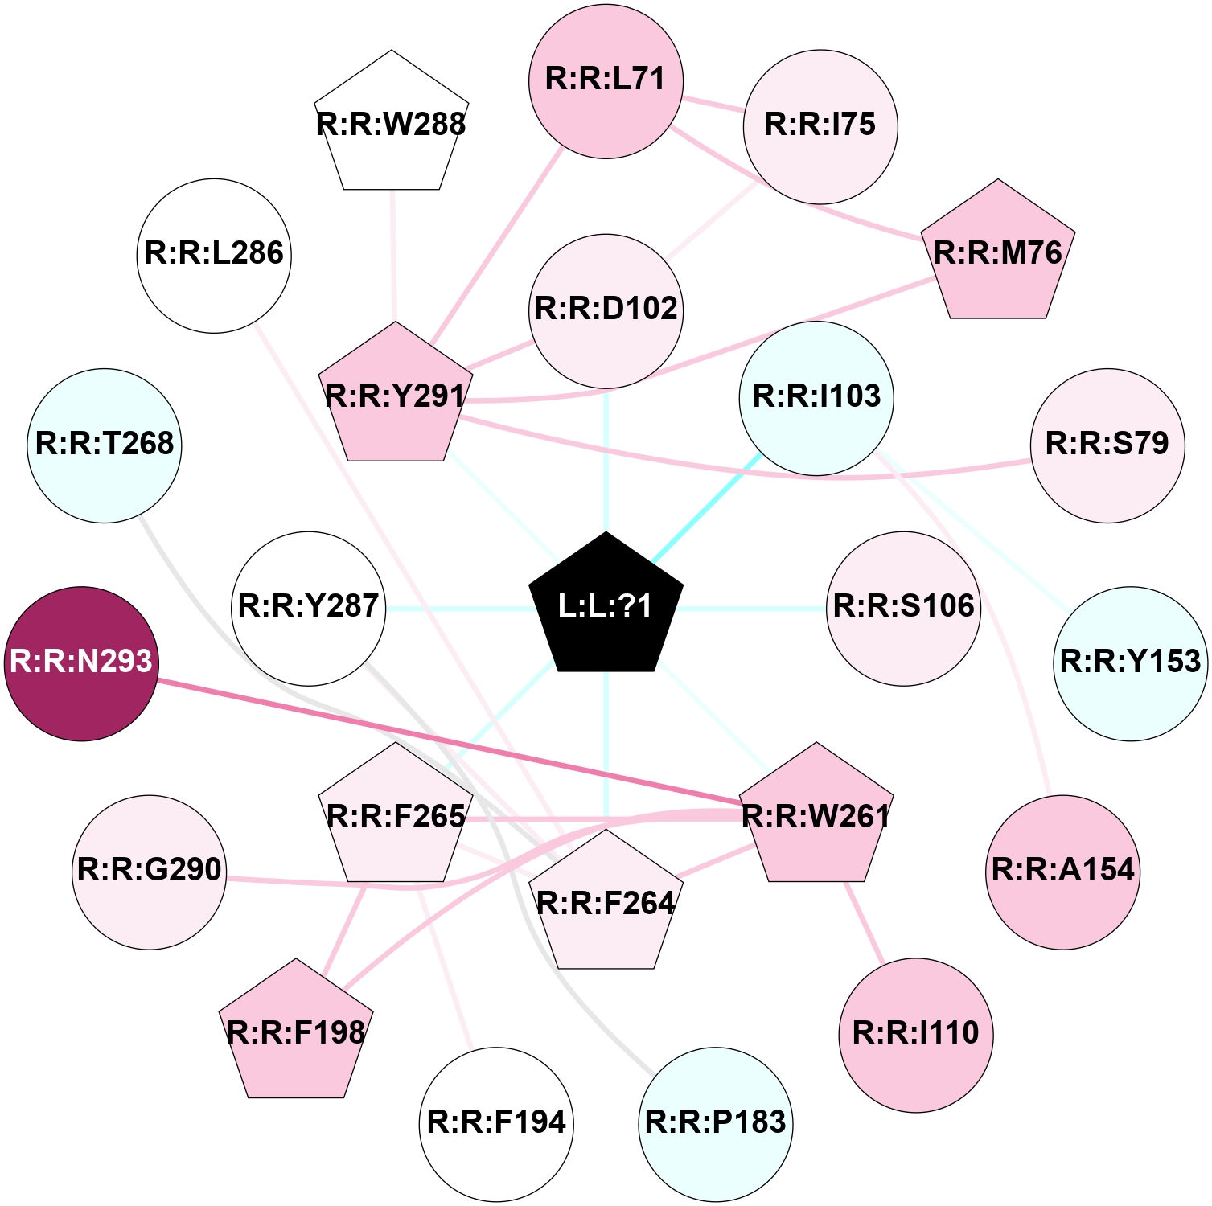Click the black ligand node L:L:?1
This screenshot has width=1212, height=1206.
pos(606,605)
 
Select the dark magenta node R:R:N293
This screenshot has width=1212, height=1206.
pos(81,663)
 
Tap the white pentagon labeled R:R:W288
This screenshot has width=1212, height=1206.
pos(392,124)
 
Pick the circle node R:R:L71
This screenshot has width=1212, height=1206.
pos(606,81)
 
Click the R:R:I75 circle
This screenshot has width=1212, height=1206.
pos(820,125)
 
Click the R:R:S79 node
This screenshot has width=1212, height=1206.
pos(1107,445)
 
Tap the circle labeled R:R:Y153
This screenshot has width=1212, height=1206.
pos(1131,663)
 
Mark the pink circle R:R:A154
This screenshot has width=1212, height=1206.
pos(1062,872)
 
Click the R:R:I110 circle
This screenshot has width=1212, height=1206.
pos(916,1035)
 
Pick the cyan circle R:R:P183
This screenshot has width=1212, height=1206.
pos(716,1124)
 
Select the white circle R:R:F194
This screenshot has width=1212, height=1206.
pos(496,1124)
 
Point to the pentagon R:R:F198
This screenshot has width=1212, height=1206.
pos(296,1032)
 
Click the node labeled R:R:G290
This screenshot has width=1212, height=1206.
pos(150,872)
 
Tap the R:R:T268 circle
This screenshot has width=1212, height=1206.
pos(105,445)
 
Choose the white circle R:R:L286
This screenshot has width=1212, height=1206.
pos(214,256)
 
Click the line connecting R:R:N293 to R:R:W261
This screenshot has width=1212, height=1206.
pos(449,741)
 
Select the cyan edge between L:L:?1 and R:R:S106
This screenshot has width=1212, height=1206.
pos(754,609)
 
